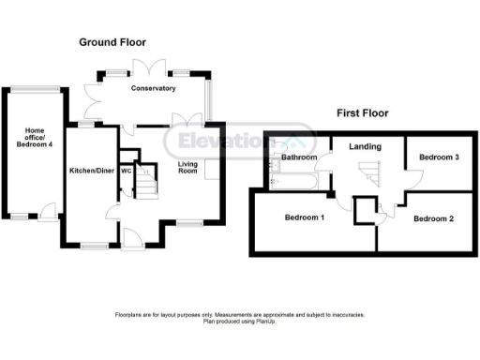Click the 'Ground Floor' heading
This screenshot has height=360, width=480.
click(x=112, y=42)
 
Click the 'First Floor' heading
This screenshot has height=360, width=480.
click(x=363, y=113)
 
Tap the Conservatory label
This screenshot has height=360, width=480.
click(x=154, y=89)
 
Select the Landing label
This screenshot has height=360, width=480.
click(x=363, y=147)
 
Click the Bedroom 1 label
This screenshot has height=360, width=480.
click(x=304, y=218)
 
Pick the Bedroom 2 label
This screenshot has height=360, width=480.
click(x=433, y=218)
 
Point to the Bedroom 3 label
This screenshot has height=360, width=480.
click(x=438, y=157)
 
